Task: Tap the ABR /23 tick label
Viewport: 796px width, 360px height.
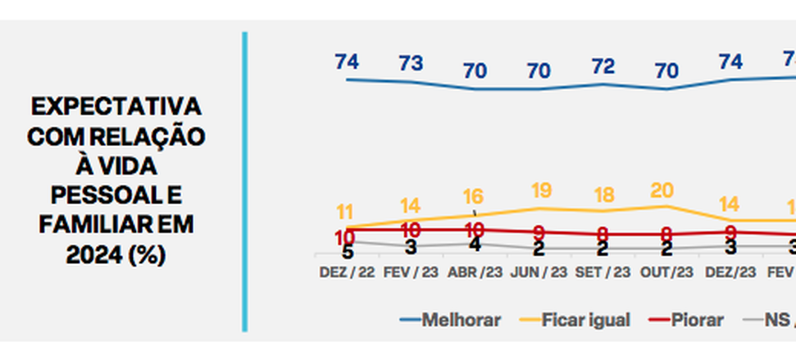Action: click(x=475, y=271)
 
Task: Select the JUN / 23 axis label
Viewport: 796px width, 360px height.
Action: click(x=539, y=271)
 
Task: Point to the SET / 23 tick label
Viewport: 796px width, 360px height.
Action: click(x=603, y=271)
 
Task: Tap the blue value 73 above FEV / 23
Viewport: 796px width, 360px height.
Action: click(x=411, y=64)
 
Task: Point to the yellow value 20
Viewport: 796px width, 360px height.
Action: click(x=662, y=190)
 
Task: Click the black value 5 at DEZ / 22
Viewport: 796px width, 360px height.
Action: click(x=347, y=252)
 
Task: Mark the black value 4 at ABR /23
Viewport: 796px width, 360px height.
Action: click(x=475, y=245)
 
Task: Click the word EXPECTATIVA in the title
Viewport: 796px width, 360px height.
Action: click(x=116, y=107)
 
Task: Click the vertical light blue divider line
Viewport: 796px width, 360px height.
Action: click(x=244, y=180)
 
